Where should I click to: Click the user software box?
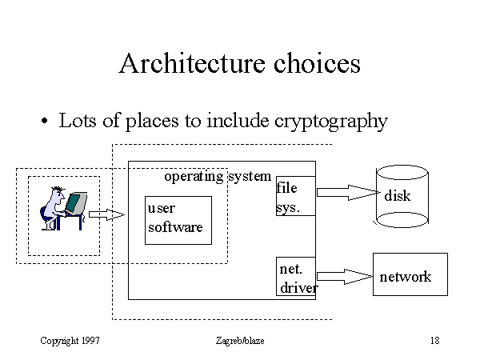pyautogui.click(x=177, y=218)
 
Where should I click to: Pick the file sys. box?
pyautogui.click(x=295, y=197)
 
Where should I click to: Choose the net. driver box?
pyautogui.click(x=295, y=277)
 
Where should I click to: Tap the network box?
pyautogui.click(x=410, y=277)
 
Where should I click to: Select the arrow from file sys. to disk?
pyautogui.click(x=346, y=192)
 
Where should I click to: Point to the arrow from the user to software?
pyautogui.click(x=106, y=214)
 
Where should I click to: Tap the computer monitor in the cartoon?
pyautogui.click(x=76, y=203)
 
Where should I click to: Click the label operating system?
pyautogui.click(x=217, y=176)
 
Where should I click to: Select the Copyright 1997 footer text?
pyautogui.click(x=70, y=341)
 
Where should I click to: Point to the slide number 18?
pyautogui.click(x=434, y=341)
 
